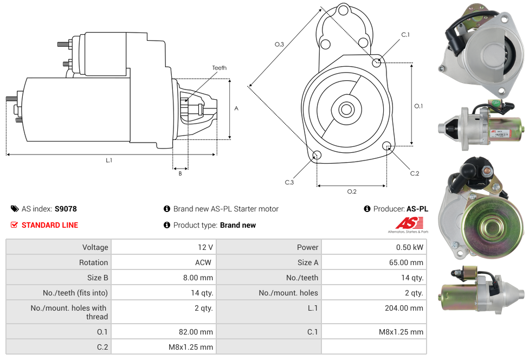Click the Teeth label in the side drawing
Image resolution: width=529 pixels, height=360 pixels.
click(x=219, y=68)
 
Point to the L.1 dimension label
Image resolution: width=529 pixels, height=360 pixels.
click(x=109, y=160)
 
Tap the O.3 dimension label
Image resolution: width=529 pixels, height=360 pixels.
click(x=279, y=44)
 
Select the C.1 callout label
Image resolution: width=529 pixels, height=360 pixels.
click(x=405, y=35)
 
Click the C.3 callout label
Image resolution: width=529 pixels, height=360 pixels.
click(x=289, y=182)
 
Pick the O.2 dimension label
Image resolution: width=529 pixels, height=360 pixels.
click(x=351, y=191)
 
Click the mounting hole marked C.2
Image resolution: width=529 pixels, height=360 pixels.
click(x=387, y=146)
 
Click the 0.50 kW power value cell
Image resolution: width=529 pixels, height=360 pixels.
click(x=410, y=247)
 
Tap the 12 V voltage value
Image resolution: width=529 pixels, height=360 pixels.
click(x=205, y=247)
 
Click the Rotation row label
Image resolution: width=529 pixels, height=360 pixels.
click(x=93, y=262)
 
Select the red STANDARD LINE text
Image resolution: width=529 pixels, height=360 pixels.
click(x=49, y=225)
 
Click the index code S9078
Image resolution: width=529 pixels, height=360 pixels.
click(x=66, y=209)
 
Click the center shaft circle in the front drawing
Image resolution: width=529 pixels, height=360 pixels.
click(x=346, y=110)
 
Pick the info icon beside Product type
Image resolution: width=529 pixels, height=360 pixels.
click(x=167, y=225)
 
